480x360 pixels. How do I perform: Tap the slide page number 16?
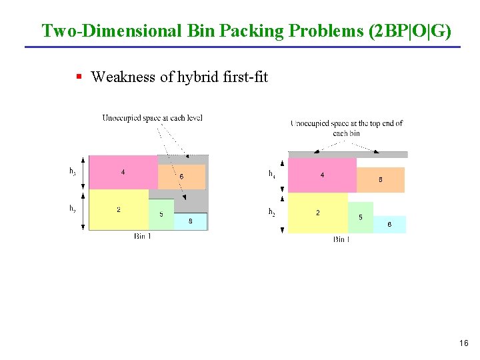pyautogui.click(x=464, y=343)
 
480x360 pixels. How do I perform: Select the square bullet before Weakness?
pyautogui.click(x=79, y=77)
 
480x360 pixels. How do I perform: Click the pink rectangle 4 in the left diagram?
pyautogui.click(x=123, y=172)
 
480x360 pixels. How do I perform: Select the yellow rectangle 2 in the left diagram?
pyautogui.click(x=119, y=209)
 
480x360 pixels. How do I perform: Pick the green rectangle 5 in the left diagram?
pyautogui.click(x=161, y=214)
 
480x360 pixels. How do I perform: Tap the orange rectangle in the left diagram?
pyautogui.click(x=181, y=177)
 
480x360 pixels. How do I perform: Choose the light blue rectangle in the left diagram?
pyautogui.click(x=191, y=221)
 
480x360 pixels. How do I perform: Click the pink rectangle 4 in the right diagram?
pyautogui.click(x=322, y=175)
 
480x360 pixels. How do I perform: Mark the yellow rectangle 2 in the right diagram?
pyautogui.click(x=317, y=213)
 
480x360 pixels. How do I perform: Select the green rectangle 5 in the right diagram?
pyautogui.click(x=361, y=217)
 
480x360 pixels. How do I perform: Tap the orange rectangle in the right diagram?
pyautogui.click(x=381, y=179)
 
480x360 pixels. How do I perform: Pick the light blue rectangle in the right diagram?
pyautogui.click(x=389, y=225)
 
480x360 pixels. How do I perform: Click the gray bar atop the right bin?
pyautogui.click(x=347, y=154)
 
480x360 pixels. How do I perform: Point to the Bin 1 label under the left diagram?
pyautogui.click(x=143, y=236)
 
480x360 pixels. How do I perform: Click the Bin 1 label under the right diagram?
pyautogui.click(x=341, y=239)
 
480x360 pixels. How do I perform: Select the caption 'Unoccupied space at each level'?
pyautogui.click(x=152, y=119)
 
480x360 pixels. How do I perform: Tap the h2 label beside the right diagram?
pyautogui.click(x=272, y=213)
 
